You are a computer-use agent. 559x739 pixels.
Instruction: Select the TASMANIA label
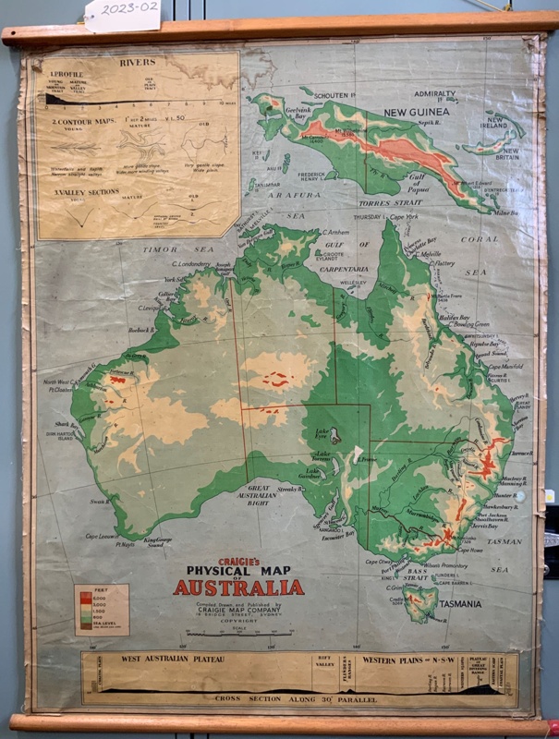pyautogui.click(x=458, y=605)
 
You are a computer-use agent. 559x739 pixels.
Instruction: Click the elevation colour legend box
pyautogui.click(x=101, y=609)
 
